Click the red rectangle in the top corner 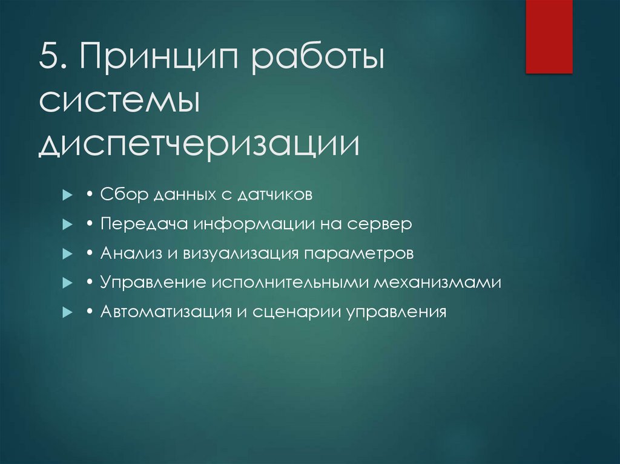point(549,36)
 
